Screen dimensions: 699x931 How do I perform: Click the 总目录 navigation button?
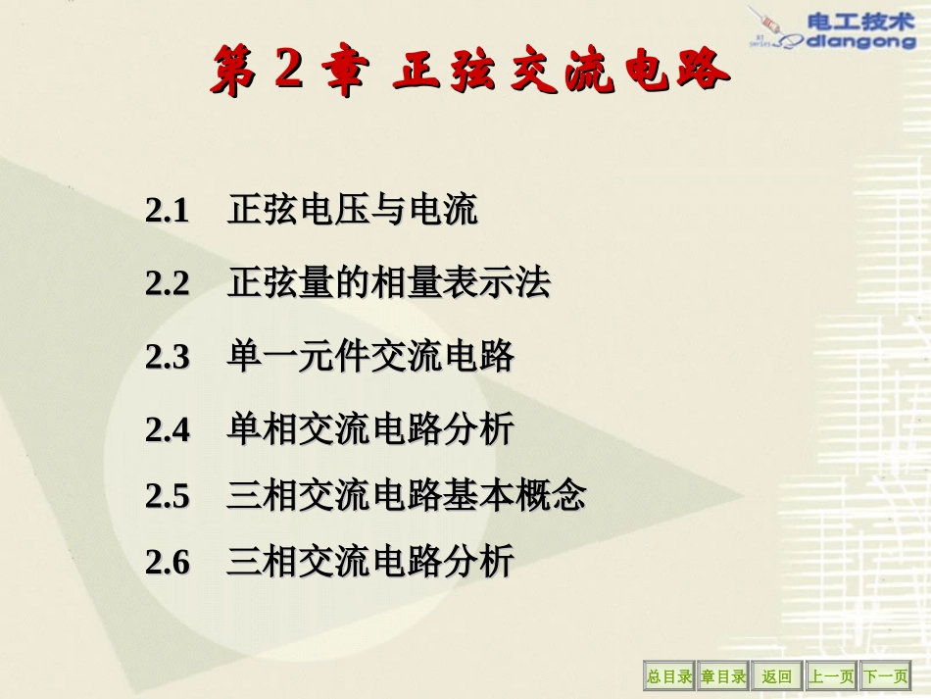668,676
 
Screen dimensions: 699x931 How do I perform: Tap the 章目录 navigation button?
723,676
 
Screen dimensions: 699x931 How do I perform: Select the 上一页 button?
831,676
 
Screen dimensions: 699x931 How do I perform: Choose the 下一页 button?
885,676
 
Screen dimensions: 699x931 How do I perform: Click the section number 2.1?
167,211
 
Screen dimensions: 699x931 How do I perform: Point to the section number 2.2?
167,284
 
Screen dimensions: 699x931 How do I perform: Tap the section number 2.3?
167,358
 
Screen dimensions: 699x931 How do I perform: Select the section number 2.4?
167,430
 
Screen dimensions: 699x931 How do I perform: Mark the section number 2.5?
167,497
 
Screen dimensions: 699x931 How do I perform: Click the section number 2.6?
167,563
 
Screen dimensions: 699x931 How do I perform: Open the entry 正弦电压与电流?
353,211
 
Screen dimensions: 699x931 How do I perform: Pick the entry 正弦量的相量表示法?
389,284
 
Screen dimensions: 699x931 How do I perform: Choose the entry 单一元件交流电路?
370,358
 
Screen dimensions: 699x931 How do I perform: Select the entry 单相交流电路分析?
370,430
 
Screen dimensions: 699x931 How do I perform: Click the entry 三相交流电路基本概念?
407,497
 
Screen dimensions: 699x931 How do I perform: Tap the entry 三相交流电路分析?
370,563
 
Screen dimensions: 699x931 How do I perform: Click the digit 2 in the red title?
289,71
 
